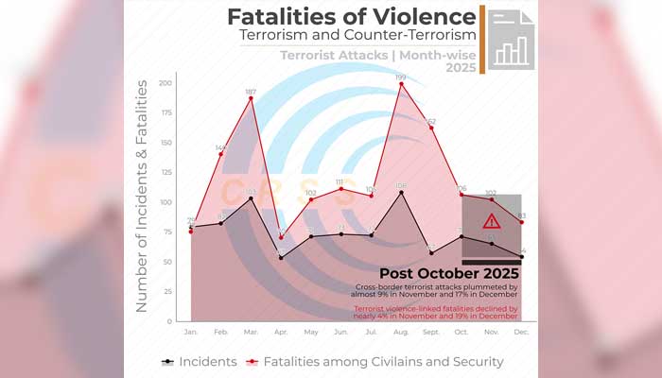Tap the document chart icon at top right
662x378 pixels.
tap(511, 38)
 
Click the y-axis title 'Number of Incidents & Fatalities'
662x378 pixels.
tap(142, 196)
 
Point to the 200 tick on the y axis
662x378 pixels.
tap(165, 83)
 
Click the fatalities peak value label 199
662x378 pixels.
tap(401, 76)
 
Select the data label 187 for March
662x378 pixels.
tap(251, 92)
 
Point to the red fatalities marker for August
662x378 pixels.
tap(402, 84)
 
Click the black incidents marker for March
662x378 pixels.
tap(251, 198)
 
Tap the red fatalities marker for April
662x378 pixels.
tap(281, 237)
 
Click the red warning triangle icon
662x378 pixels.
tap(491, 221)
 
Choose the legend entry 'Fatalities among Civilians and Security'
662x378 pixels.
tap(375, 361)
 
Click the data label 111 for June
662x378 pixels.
tap(341, 181)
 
